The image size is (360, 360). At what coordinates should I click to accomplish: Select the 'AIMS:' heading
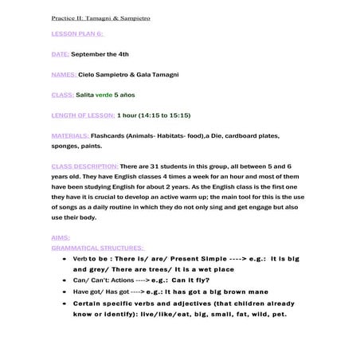pos(60,237)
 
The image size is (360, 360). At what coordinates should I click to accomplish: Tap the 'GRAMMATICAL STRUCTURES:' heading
pos(92,247)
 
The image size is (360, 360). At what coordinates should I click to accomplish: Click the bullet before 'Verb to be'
pos(65,260)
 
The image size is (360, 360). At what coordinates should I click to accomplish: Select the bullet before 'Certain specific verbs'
pos(65,303)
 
